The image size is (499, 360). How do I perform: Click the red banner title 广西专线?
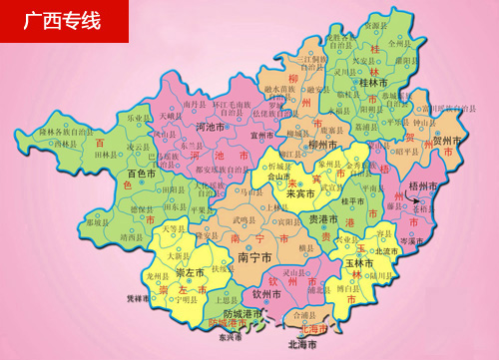63,21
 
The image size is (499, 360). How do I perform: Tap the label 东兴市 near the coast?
231,336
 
